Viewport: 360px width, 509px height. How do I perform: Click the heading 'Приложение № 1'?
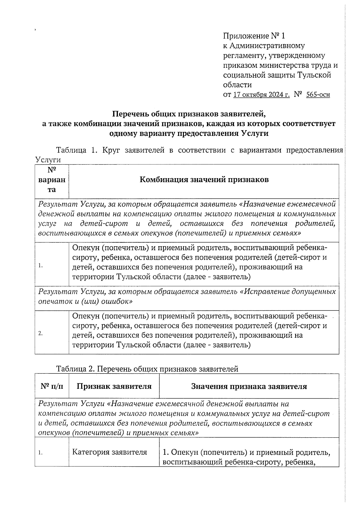tap(254, 36)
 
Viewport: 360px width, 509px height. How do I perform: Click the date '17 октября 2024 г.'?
tap(261, 95)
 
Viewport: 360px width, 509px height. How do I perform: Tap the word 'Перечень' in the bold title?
tap(131, 114)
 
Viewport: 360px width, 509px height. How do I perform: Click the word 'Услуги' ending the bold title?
tap(254, 133)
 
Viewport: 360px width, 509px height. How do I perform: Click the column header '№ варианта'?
tap(52, 180)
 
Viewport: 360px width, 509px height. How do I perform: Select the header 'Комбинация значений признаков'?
tap(204, 180)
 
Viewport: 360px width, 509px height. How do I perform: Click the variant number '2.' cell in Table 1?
tap(41, 334)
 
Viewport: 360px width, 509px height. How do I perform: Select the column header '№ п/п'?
tap(52, 386)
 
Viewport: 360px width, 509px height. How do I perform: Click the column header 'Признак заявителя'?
tap(114, 386)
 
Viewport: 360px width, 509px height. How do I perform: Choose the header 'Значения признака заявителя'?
tap(249, 386)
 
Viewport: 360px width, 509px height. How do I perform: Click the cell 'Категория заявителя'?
tap(109, 452)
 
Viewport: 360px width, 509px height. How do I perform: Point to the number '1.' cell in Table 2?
tap(40, 453)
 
